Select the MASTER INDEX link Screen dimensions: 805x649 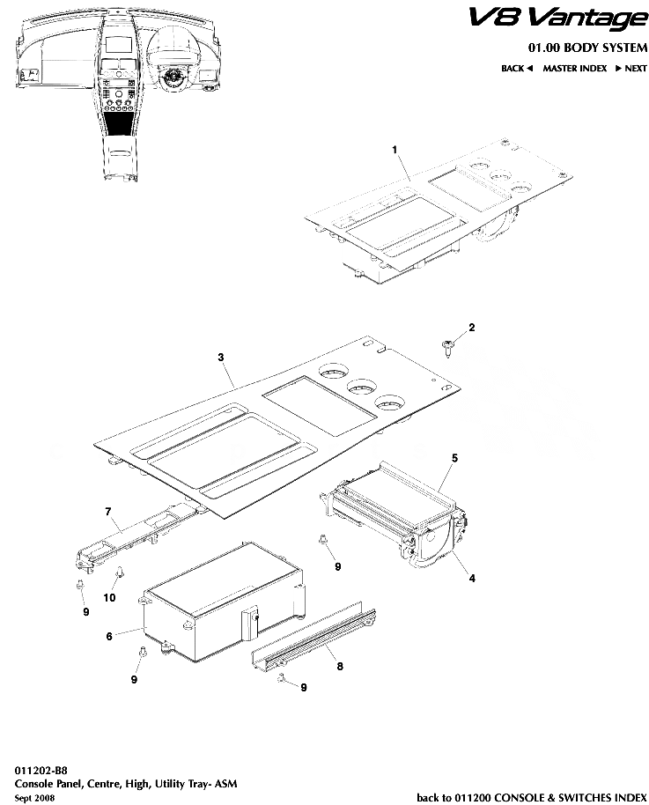575,68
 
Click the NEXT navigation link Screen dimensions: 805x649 631,68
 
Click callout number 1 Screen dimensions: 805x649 395,151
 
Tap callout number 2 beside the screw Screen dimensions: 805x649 471,328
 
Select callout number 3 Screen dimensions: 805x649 221,357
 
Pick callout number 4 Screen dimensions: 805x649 472,579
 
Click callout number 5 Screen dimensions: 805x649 454,458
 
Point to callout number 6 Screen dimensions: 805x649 108,635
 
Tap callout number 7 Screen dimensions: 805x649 107,511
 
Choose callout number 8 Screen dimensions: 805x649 340,667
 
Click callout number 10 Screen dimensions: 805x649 110,598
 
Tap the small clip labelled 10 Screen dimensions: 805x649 115,576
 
